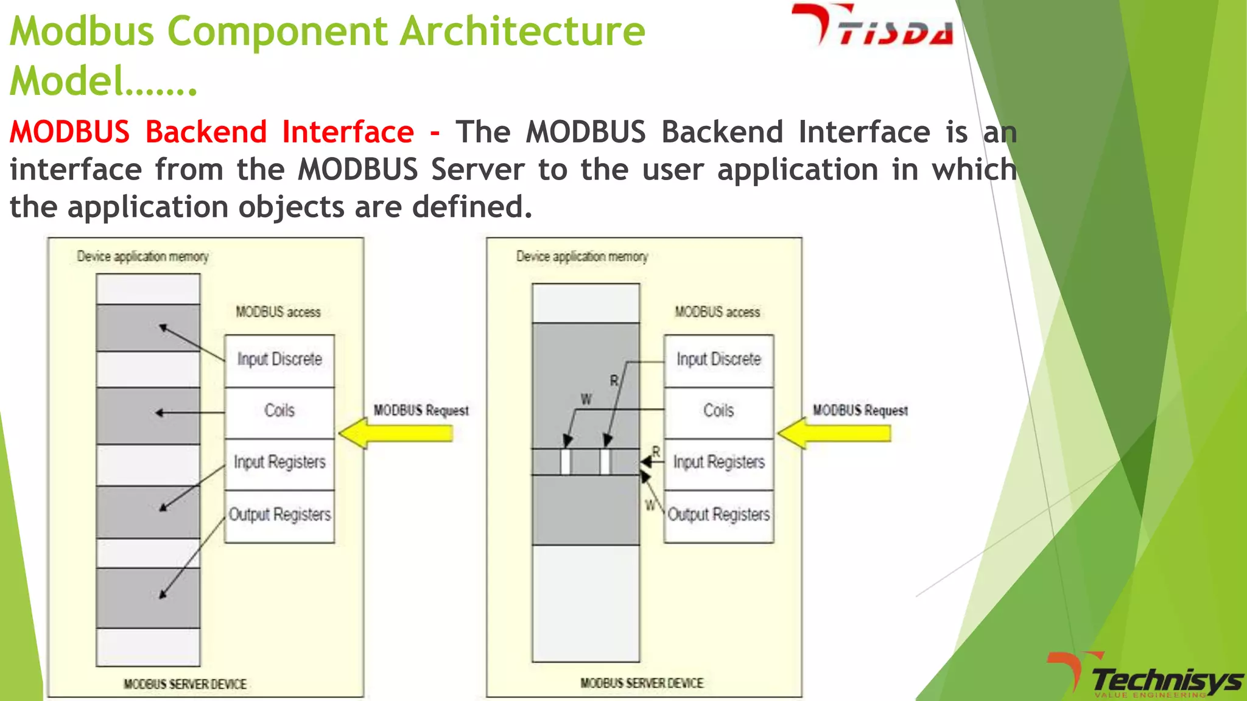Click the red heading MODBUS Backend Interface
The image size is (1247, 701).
click(212, 132)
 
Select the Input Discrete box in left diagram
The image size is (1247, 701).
click(279, 360)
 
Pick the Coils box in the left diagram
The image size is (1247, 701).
click(279, 411)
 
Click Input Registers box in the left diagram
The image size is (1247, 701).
click(279, 463)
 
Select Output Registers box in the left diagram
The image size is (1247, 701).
click(279, 515)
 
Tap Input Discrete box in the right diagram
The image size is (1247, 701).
click(718, 360)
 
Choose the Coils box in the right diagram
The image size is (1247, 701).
click(718, 411)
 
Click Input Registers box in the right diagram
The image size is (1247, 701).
click(718, 463)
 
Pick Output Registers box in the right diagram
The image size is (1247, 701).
click(718, 515)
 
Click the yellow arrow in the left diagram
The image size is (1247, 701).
click(396, 433)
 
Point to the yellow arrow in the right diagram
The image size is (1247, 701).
click(834, 433)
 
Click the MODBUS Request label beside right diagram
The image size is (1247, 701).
click(860, 411)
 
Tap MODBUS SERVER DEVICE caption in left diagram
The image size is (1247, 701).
click(185, 685)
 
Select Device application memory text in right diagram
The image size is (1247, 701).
click(582, 257)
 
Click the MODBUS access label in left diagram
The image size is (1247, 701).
click(278, 312)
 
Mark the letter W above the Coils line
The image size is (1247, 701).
click(586, 400)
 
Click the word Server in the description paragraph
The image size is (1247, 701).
click(477, 170)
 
